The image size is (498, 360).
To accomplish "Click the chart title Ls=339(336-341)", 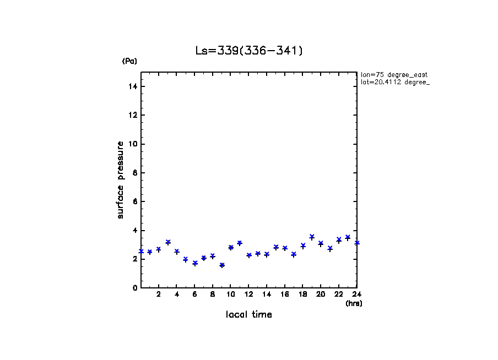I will click(249, 51).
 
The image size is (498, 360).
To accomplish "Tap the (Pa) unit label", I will click(129, 61).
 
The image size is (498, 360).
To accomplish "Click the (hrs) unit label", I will click(353, 303).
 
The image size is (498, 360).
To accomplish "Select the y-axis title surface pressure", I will click(120, 179).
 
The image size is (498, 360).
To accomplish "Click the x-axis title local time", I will click(248, 315).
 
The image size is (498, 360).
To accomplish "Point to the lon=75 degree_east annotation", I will click(394, 74).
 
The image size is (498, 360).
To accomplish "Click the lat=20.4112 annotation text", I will click(394, 82).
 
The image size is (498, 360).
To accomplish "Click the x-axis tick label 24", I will click(356, 294).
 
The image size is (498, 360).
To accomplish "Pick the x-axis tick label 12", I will click(248, 294).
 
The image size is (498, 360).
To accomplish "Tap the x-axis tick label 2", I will click(159, 294).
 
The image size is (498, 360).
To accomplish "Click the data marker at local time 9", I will click(221, 265).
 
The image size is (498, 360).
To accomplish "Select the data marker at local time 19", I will click(312, 237).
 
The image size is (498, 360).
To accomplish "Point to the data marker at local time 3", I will click(168, 242).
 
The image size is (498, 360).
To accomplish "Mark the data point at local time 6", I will click(194, 263).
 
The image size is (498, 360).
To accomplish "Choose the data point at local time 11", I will click(240, 243).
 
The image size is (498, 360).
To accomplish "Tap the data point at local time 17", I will click(294, 254).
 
